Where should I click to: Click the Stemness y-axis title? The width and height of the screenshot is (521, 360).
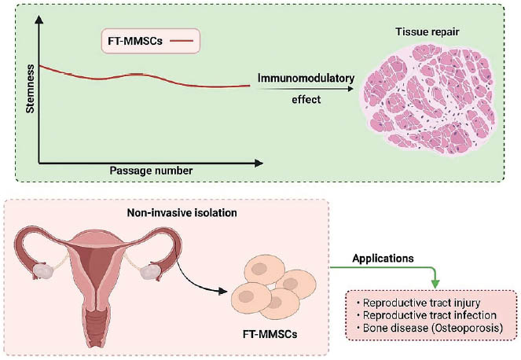point(30,89)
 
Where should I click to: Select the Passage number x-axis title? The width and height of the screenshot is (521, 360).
point(151,171)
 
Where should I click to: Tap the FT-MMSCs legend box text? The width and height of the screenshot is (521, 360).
point(135,41)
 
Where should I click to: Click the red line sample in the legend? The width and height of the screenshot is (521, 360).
point(182,41)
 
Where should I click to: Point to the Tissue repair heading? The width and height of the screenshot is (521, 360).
point(427,32)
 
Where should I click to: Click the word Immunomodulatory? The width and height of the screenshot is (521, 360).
point(306,79)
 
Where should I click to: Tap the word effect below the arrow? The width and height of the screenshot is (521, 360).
point(306,100)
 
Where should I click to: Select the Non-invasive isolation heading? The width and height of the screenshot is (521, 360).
point(182,213)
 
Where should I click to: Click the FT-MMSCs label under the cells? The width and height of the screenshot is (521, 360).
point(270,334)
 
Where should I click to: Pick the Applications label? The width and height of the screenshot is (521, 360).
point(383,259)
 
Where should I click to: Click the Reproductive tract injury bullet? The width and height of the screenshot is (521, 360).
point(419,303)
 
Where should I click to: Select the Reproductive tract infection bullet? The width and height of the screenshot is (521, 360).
point(427,315)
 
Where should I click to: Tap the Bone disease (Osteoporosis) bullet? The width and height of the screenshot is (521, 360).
point(430,328)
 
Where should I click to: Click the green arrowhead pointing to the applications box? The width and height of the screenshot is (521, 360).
point(435,284)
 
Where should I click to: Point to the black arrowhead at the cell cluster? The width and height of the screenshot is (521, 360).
point(223,292)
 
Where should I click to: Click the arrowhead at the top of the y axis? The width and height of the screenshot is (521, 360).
point(39,20)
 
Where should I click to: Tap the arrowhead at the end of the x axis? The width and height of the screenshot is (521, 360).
point(259,163)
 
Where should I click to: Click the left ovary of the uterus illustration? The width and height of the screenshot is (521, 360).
point(43,271)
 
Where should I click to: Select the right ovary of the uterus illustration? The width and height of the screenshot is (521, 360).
point(150,272)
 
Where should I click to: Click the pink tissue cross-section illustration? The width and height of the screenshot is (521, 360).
point(428,99)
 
